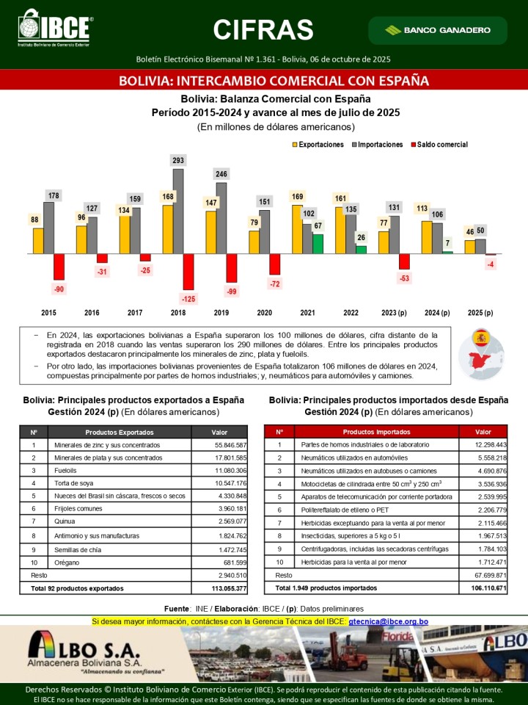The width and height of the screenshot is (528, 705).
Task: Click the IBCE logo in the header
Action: click(55, 29)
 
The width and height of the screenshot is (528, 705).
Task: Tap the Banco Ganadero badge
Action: click(437, 30)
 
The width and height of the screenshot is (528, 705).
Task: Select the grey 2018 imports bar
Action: click(178, 211)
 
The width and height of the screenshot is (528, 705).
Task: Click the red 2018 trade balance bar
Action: click(188, 272)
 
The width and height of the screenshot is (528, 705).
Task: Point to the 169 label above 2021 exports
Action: click(297, 196)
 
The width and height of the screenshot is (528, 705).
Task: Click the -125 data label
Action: click(188, 298)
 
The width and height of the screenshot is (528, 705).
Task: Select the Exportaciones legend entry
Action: click(318, 145)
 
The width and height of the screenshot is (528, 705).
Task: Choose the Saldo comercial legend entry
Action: click(439, 145)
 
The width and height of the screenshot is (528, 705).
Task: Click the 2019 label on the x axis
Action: click(221, 313)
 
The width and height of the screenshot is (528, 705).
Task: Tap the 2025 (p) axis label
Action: click(479, 313)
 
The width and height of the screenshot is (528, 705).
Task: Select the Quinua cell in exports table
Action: click(65, 521)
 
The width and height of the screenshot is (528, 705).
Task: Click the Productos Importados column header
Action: click(376, 432)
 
